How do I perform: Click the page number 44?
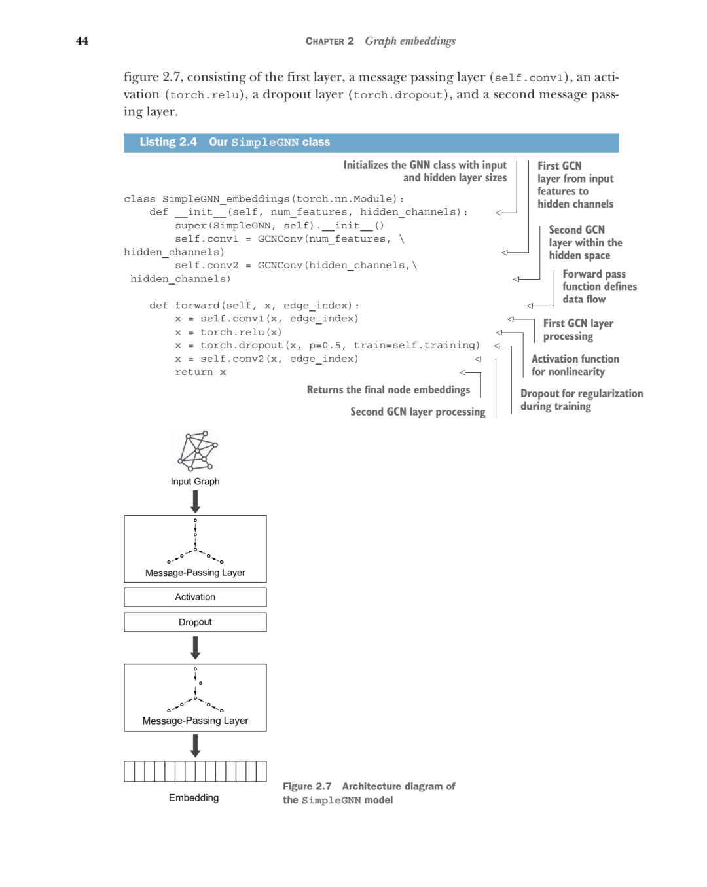pos(82,41)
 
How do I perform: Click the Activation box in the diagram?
pos(195,597)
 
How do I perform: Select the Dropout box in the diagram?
pos(195,622)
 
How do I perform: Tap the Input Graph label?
pos(195,481)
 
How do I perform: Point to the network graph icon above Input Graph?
pos(198,451)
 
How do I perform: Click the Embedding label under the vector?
pos(194,797)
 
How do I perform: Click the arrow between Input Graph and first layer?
pos(195,501)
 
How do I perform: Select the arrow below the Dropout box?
pos(195,647)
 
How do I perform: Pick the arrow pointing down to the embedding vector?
pos(195,746)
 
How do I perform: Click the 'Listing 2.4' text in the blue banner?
pos(168,142)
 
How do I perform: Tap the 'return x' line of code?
pos(200,372)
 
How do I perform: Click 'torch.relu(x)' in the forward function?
pos(241,332)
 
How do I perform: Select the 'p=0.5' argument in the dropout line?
pos(325,346)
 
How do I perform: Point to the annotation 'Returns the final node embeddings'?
pos(388,390)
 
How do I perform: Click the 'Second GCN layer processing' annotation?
pos(418,412)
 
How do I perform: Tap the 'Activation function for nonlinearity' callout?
pos(575,365)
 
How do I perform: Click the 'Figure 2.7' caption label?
pos(307,786)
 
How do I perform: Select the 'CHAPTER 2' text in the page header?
pos(329,41)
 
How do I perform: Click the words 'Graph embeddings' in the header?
pos(410,41)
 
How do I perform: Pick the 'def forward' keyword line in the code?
pos(254,306)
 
